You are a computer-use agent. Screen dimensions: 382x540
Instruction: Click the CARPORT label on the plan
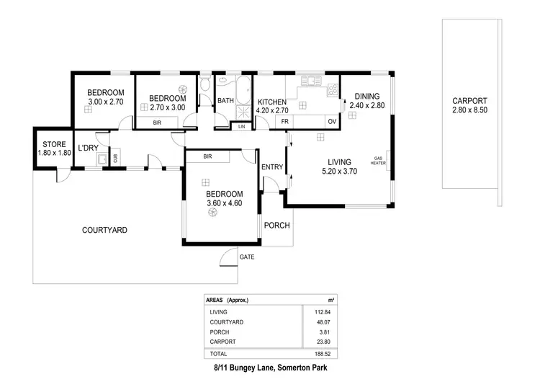(x=469, y=101)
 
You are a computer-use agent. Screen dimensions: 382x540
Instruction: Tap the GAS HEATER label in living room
(x=378, y=161)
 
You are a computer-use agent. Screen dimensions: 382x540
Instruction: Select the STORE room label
(x=54, y=145)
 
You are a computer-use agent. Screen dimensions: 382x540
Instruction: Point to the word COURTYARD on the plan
(x=104, y=231)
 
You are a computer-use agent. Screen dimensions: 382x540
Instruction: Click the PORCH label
(x=276, y=226)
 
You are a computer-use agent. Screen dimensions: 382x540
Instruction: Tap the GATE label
(x=247, y=257)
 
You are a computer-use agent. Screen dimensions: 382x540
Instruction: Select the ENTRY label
(x=272, y=167)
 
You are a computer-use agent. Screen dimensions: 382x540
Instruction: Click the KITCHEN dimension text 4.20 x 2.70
(x=273, y=111)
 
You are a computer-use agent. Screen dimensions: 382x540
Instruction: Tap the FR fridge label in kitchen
(x=285, y=122)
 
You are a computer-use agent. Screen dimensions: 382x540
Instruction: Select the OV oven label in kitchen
(x=332, y=122)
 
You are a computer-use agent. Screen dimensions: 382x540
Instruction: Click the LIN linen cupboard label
(x=241, y=127)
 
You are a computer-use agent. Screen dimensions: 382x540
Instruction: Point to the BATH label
(x=226, y=101)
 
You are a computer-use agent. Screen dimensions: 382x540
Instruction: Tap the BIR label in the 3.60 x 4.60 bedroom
(x=207, y=156)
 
